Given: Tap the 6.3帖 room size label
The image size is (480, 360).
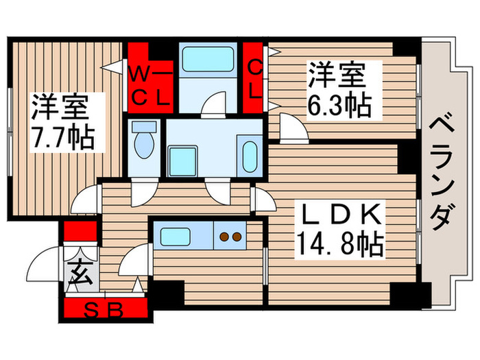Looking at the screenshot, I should pyautogui.click(x=339, y=105).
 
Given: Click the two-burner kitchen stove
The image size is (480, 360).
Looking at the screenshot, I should pyautogui.click(x=229, y=238).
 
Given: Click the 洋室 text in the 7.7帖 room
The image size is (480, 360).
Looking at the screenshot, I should pyautogui.click(x=59, y=108).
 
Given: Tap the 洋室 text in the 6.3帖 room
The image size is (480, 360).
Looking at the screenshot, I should pyautogui.click(x=335, y=74).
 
